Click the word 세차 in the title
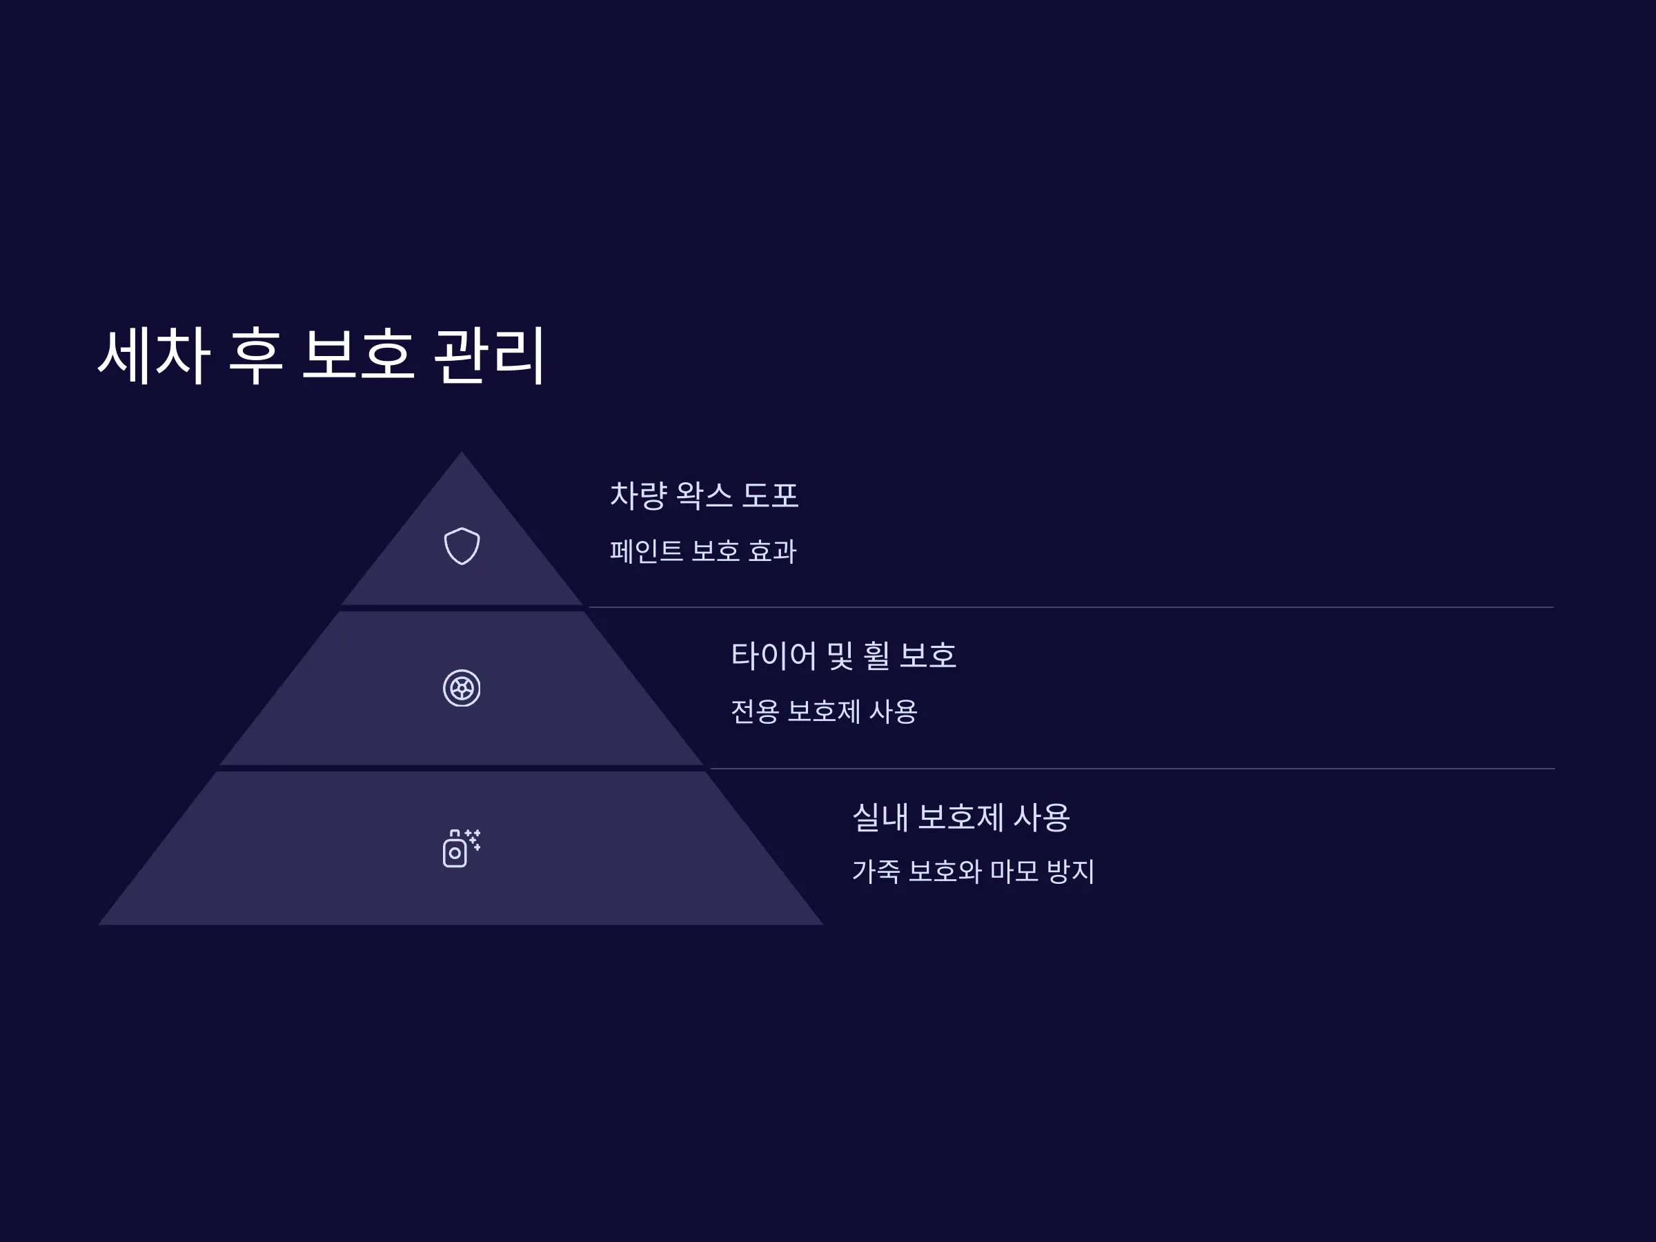click(153, 355)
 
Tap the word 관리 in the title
click(489, 355)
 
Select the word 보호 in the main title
click(358, 355)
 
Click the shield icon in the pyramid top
click(462, 546)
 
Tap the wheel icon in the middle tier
click(462, 688)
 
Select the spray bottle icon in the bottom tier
click(462, 848)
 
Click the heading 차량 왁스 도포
click(704, 495)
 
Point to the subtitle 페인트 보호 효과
click(703, 551)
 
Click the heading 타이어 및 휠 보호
click(844, 655)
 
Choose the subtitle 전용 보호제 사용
click(823, 711)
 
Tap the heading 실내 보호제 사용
click(961, 817)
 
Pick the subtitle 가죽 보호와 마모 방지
click(973, 871)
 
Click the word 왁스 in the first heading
click(704, 495)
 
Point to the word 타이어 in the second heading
click(774, 655)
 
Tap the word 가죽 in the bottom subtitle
click(876, 871)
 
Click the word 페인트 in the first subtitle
click(646, 551)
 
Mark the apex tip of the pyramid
click(461, 451)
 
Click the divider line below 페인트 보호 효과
click(1072, 607)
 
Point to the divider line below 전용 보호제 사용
click(1132, 769)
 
